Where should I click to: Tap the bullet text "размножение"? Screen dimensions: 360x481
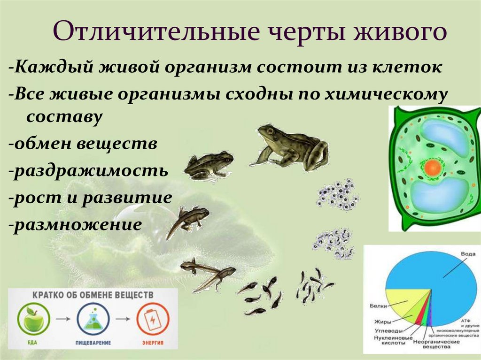(78, 223)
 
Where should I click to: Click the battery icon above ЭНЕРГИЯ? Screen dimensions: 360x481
(152, 319)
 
